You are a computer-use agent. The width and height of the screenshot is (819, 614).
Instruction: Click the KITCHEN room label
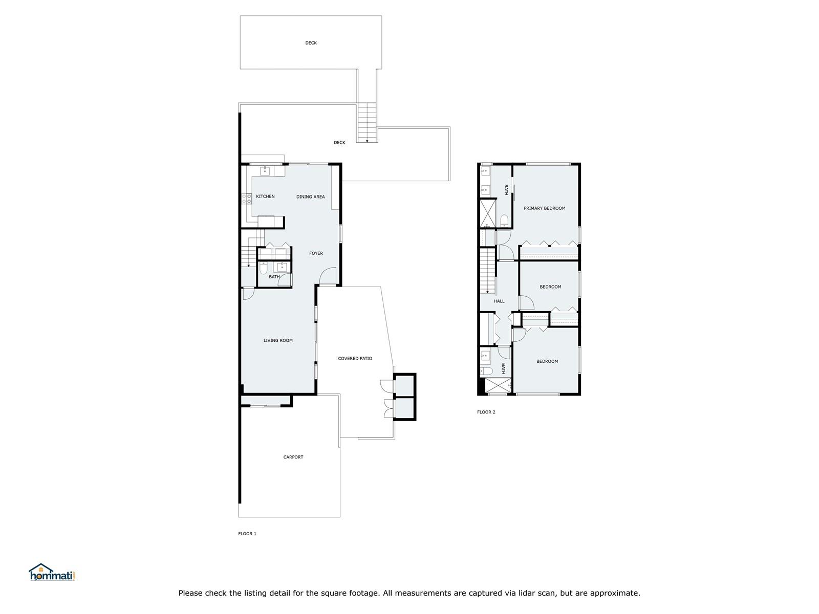(265, 196)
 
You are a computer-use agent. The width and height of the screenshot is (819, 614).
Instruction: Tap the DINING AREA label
(310, 197)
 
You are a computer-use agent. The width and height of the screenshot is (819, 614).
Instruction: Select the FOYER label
(316, 253)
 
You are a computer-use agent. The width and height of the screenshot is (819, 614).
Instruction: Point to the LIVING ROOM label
(278, 340)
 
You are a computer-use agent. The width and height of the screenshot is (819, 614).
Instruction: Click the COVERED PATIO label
(355, 359)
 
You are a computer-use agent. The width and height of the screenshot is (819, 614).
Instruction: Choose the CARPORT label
(293, 457)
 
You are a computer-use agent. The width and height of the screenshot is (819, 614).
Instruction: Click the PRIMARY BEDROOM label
(545, 208)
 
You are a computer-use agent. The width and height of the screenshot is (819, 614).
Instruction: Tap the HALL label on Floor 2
(499, 301)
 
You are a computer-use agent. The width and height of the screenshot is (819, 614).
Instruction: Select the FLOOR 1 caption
(247, 534)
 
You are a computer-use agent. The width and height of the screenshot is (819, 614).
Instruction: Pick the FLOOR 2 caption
(486, 412)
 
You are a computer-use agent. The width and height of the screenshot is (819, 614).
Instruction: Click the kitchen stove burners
(247, 199)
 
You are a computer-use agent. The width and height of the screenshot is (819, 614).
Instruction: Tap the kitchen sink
(265, 171)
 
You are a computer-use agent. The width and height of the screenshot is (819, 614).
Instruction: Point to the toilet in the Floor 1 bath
(264, 268)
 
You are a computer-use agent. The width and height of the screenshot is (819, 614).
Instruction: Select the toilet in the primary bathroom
(504, 221)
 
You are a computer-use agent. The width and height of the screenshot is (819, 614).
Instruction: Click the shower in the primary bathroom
(488, 213)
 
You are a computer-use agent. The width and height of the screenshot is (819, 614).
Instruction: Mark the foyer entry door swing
(328, 276)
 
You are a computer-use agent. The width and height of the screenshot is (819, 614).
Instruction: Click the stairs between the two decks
(367, 122)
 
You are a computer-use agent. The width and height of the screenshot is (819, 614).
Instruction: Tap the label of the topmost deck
(311, 43)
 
